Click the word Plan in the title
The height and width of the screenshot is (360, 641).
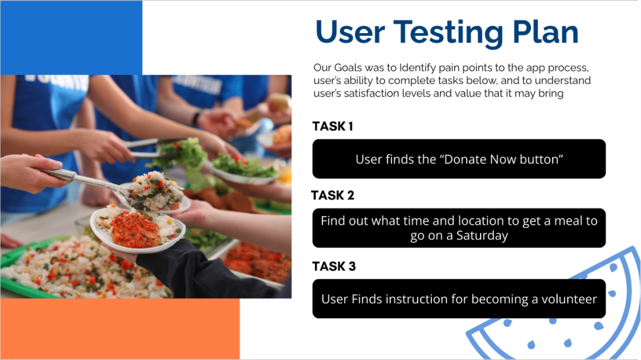pos(545,32)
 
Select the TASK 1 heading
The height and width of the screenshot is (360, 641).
pos(333,126)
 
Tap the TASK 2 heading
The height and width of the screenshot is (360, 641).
pos(333,195)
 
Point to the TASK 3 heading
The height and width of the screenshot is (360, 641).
pos(334,266)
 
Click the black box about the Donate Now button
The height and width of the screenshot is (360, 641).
pos(459,159)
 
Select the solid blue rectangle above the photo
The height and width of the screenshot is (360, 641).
pos(71,38)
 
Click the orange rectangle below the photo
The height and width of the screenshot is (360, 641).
pos(120,329)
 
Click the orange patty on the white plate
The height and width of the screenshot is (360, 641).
pos(135,230)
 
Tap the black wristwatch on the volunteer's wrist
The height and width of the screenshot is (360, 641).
pos(197,118)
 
